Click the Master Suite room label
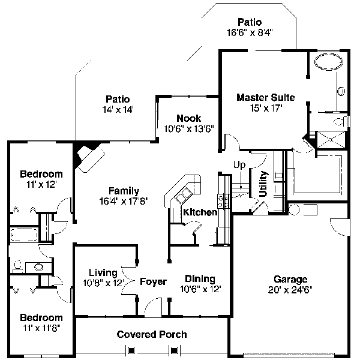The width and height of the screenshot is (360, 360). [x=259, y=97]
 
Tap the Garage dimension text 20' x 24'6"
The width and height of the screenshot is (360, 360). [x=290, y=289]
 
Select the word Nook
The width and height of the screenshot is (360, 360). [x=188, y=118]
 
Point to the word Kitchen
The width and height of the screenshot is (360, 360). [x=200, y=212]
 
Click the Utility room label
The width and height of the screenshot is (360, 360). [x=263, y=184]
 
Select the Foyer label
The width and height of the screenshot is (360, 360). [x=153, y=281]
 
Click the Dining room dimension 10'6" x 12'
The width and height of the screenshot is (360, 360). [x=200, y=289]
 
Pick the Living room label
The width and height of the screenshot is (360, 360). [x=103, y=272]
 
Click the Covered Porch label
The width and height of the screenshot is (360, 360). [x=151, y=334]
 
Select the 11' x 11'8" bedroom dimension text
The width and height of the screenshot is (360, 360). [x=41, y=328]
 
